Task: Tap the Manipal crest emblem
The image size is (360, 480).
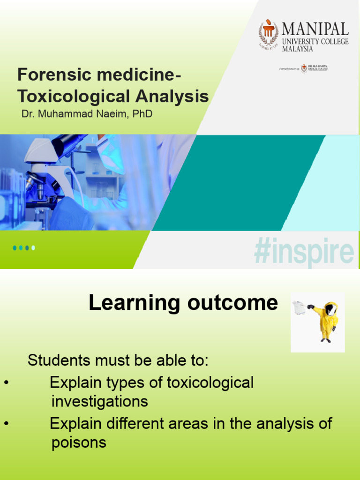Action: (269, 34)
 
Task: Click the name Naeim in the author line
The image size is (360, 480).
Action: (111, 114)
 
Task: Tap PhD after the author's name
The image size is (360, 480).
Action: (142, 114)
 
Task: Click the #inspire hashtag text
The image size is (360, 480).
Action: (303, 253)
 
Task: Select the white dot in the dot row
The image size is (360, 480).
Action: (33, 248)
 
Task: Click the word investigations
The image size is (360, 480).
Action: (100, 401)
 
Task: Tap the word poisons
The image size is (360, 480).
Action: (79, 442)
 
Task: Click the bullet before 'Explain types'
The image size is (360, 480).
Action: (6, 383)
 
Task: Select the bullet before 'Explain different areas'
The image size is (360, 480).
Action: (6, 424)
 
